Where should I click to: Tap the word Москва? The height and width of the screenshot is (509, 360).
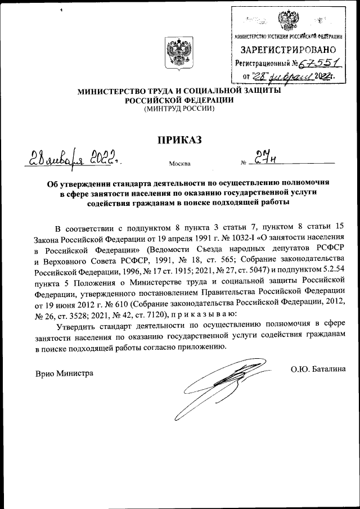tap(179, 164)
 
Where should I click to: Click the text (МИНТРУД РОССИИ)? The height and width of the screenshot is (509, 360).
tap(179, 109)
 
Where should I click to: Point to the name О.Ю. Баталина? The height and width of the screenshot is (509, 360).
tap(318, 370)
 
